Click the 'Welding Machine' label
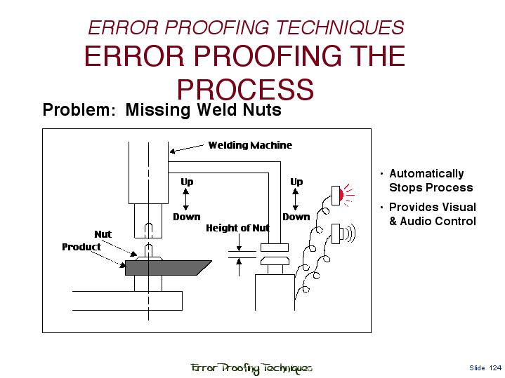pyautogui.click(x=249, y=145)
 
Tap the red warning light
pyautogui.click(x=341, y=194)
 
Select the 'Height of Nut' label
pyautogui.click(x=237, y=228)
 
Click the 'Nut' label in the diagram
pyautogui.click(x=103, y=234)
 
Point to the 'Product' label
pyautogui.click(x=81, y=247)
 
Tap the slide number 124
pyautogui.click(x=496, y=367)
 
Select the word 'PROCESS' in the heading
pyautogui.click(x=244, y=90)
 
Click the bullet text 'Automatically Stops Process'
pyautogui.click(x=431, y=180)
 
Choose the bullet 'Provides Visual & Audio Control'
pyautogui.click(x=432, y=214)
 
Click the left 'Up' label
pyautogui.click(x=187, y=182)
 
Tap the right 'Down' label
pyautogui.click(x=296, y=217)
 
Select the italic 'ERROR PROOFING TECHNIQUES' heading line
pyautogui.click(x=245, y=28)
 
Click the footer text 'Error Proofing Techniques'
pyautogui.click(x=251, y=367)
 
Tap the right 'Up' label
pyautogui.click(x=296, y=182)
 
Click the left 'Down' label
pyautogui.click(x=187, y=217)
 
